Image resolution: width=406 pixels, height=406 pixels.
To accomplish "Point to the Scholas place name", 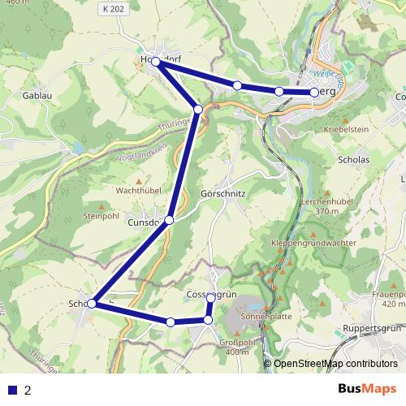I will point(352,160).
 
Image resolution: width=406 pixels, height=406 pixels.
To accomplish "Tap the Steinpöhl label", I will point(101,217).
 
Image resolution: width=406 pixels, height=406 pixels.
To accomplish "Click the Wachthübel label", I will point(136,190).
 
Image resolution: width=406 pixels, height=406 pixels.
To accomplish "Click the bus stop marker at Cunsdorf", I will point(169,220).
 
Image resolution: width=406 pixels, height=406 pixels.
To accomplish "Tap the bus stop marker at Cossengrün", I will point(210,298).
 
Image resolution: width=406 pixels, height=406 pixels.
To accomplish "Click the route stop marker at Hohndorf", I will point(155,61).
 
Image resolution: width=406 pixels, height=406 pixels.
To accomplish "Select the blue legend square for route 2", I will point(13,389).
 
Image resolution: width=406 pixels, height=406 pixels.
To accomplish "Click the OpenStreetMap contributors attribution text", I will point(335,364).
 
